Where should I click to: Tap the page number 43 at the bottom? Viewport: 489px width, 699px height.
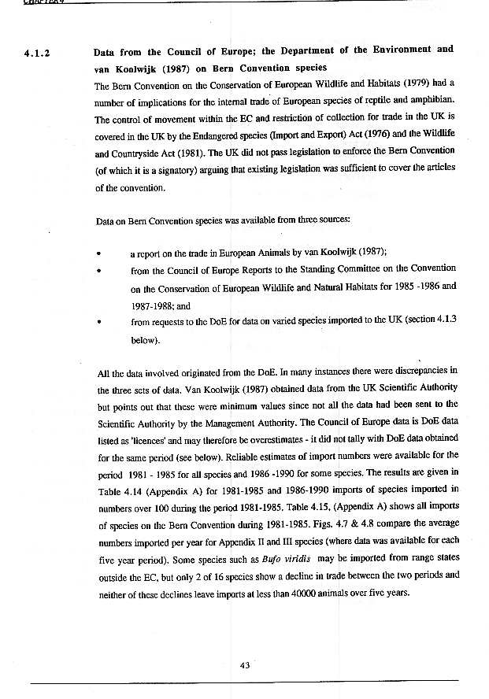[x=244, y=665]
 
